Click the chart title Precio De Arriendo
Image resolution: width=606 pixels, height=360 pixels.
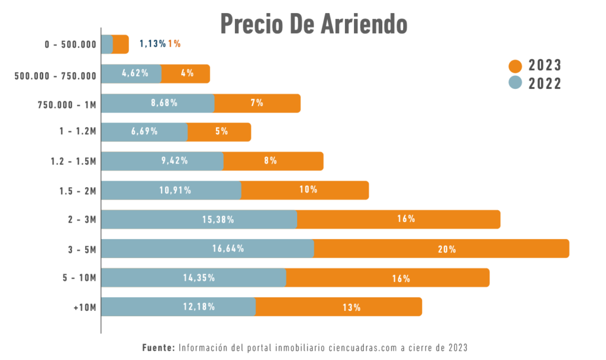pyautogui.click(x=314, y=24)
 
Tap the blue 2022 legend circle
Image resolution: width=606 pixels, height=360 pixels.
pyautogui.click(x=515, y=83)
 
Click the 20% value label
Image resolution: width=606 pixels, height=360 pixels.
pyautogui.click(x=447, y=249)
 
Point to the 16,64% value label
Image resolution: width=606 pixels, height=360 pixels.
pyautogui.click(x=228, y=249)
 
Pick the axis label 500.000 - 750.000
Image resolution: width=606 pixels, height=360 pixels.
pyautogui.click(x=55, y=75)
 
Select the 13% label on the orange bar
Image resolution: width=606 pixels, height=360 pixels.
pyautogui.click(x=352, y=307)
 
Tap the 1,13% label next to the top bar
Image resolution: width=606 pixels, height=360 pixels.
pyautogui.click(x=152, y=44)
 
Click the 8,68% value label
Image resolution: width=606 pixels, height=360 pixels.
pyautogui.click(x=164, y=103)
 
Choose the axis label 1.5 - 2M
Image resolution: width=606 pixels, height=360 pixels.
pyautogui.click(x=78, y=191)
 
